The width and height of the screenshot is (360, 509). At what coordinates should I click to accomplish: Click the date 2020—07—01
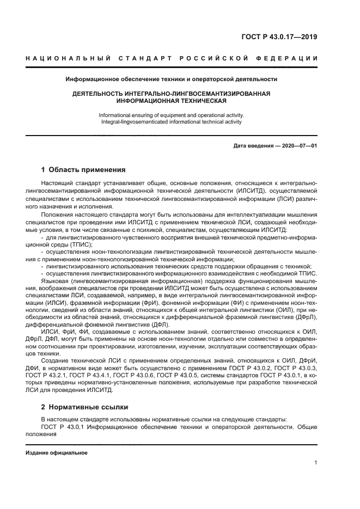pos(298,145)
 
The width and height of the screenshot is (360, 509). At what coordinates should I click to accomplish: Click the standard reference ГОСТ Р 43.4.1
pos(128,375)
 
